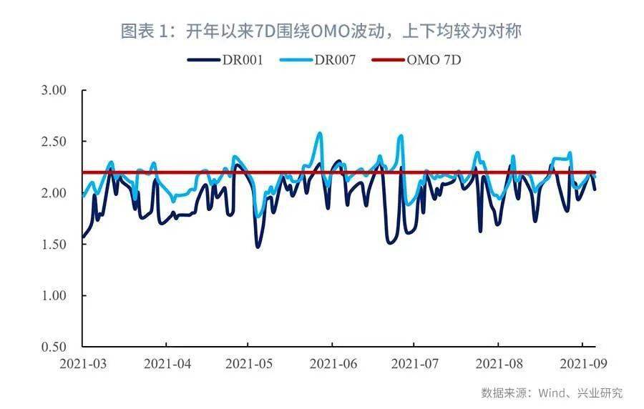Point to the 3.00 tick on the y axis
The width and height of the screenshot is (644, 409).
pyautogui.click(x=54, y=91)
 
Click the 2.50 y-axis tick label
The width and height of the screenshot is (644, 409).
pyautogui.click(x=54, y=142)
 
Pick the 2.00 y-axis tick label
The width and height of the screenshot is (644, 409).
pyautogui.click(x=54, y=193)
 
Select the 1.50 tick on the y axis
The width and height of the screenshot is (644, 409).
pyautogui.click(x=54, y=245)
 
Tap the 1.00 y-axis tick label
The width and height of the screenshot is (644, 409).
pyautogui.click(x=54, y=295)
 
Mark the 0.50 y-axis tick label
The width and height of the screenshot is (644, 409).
pyautogui.click(x=54, y=347)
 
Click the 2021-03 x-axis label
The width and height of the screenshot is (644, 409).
pyautogui.click(x=83, y=363)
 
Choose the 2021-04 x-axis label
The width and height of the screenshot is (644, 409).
pyautogui.click(x=167, y=363)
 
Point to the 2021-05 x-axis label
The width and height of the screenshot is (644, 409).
pyautogui.click(x=250, y=363)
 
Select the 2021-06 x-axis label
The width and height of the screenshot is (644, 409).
pyautogui.click(x=333, y=363)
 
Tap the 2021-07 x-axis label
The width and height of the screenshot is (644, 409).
pyautogui.click(x=415, y=363)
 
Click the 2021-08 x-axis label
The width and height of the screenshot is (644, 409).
pyautogui.click(x=499, y=363)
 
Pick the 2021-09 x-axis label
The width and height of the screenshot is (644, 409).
pyautogui.click(x=581, y=363)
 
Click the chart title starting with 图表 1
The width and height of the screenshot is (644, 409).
pyautogui.click(x=321, y=31)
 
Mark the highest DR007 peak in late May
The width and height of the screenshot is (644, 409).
pyautogui.click(x=320, y=133)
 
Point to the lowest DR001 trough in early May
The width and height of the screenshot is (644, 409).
pyautogui.click(x=258, y=247)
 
